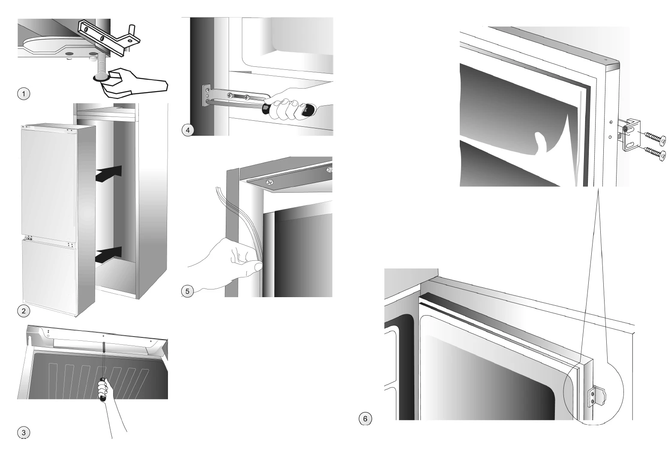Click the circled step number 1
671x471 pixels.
click(24, 94)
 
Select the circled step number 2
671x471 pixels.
click(24, 311)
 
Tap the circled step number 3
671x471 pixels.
click(24, 432)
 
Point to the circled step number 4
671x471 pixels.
click(188, 130)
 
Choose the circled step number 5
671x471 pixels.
click(188, 291)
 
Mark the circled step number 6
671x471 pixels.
click(365, 419)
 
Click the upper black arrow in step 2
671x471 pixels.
click(109, 174)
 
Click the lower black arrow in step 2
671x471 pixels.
click(109, 255)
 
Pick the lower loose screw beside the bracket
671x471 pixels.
click(655, 153)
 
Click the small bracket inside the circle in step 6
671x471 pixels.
click(596, 397)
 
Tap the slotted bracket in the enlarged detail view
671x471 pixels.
click(631, 135)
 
